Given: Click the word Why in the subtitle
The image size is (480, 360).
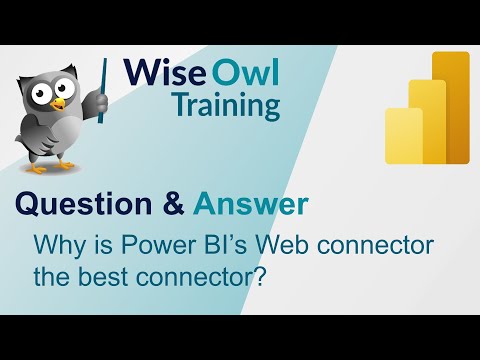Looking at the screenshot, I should [x=56, y=243].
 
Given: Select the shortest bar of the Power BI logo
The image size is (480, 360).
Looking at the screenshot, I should [x=403, y=138].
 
